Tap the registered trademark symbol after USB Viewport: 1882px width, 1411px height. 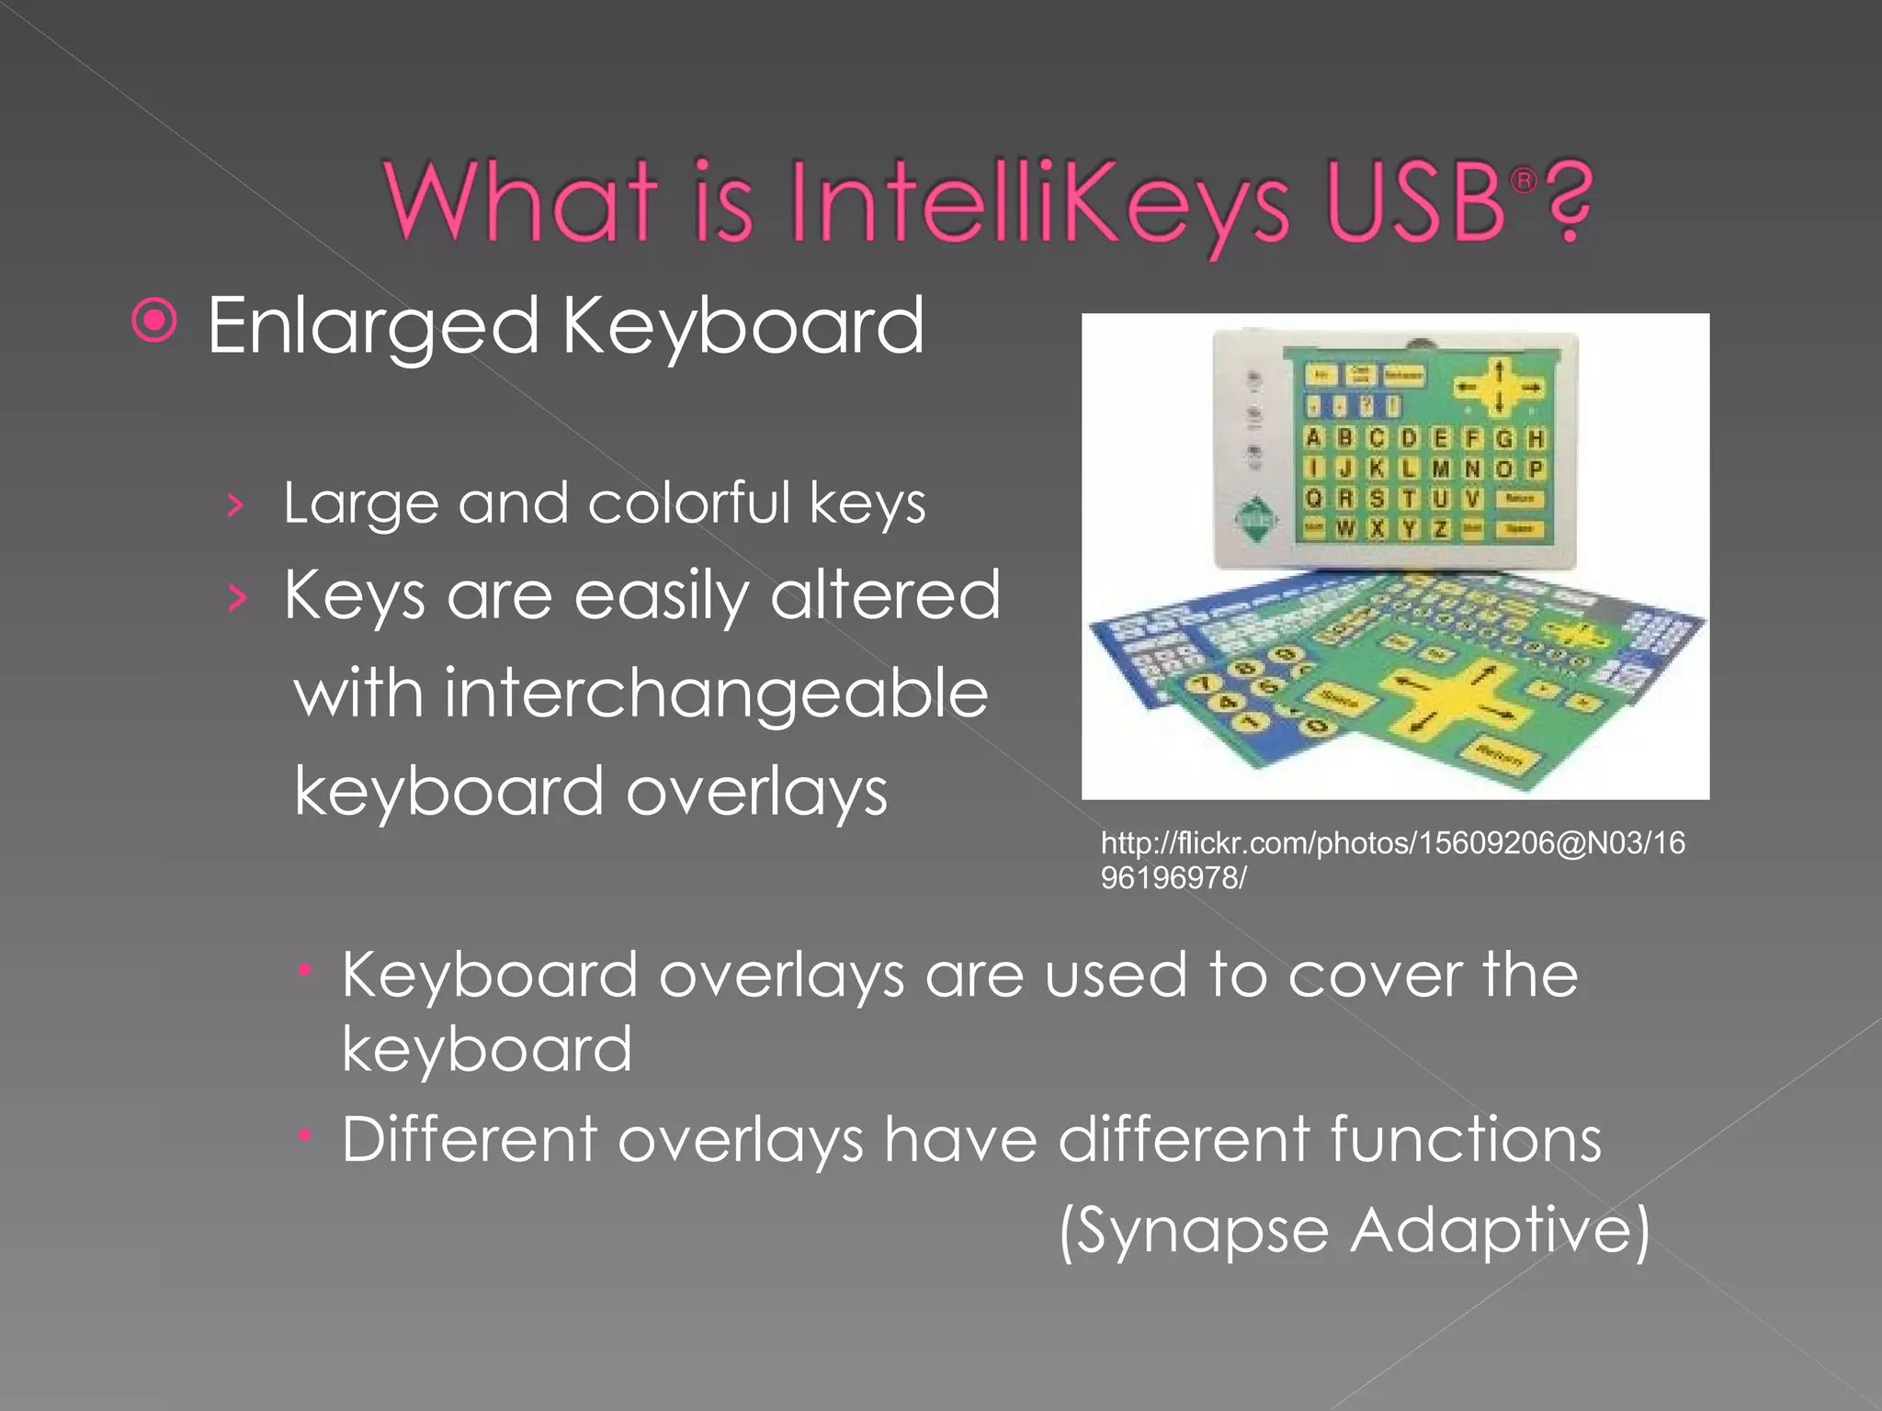1523,181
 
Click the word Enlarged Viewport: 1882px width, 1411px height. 372,327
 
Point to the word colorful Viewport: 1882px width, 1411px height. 688,503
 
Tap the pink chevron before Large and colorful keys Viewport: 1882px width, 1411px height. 236,505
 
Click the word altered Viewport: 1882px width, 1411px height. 884,595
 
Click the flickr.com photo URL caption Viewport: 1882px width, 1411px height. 1391,860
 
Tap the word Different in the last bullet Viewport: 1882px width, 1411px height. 470,1140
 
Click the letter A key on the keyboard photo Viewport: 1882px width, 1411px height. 1314,438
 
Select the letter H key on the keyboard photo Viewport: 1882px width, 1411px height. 1535,439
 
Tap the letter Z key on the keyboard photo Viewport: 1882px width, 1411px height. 1440,529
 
